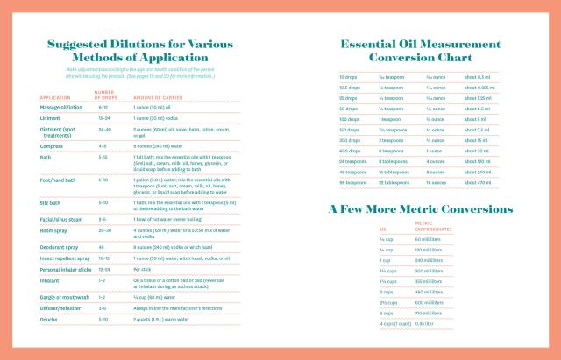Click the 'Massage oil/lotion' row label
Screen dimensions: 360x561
coord(60,107)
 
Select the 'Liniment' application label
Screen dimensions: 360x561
coord(50,116)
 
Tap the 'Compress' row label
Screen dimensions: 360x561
coord(52,145)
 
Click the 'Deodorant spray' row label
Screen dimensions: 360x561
coord(60,247)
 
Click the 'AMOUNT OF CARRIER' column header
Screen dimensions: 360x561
coord(156,96)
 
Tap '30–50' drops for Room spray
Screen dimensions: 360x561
coord(104,229)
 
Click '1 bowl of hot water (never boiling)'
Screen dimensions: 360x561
coord(169,219)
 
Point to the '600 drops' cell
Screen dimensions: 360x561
coord(350,150)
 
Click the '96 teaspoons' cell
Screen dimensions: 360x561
coord(353,182)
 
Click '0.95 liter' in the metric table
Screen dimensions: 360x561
coord(424,323)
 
